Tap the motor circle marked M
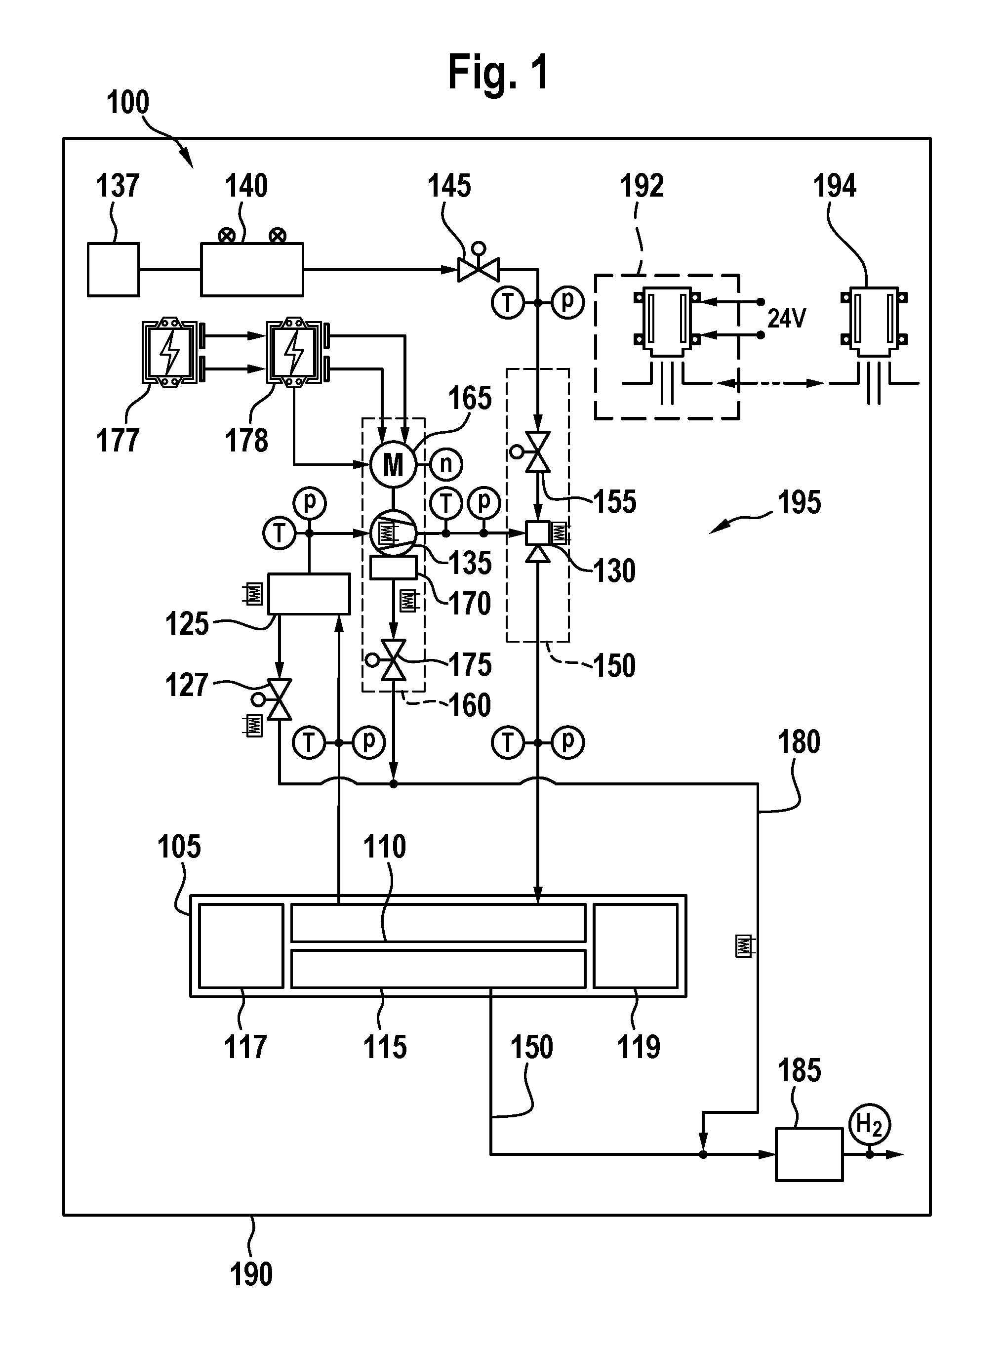click(x=393, y=465)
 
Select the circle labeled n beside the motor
click(x=446, y=465)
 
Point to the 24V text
click(x=787, y=318)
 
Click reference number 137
click(x=118, y=186)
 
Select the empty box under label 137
click(x=113, y=270)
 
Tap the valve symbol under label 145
click(x=478, y=265)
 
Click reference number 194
click(x=835, y=186)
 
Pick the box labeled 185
click(x=809, y=1154)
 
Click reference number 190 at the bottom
click(x=251, y=1273)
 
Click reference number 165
click(x=470, y=399)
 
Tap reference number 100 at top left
click(x=128, y=102)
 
